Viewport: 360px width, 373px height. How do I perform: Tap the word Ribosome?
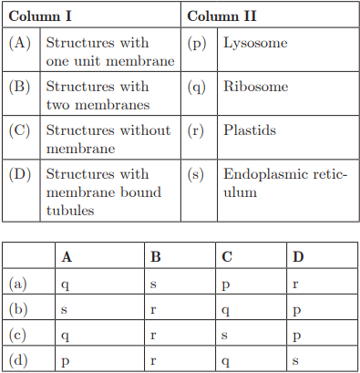255,87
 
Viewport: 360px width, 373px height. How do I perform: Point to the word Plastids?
250,130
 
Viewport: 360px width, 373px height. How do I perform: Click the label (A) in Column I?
20,44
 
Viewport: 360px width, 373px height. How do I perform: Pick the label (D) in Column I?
20,173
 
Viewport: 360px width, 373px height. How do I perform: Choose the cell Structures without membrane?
108,139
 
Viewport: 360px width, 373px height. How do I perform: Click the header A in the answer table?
67,257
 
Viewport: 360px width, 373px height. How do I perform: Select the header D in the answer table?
298,257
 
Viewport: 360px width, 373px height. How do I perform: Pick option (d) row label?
18,360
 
